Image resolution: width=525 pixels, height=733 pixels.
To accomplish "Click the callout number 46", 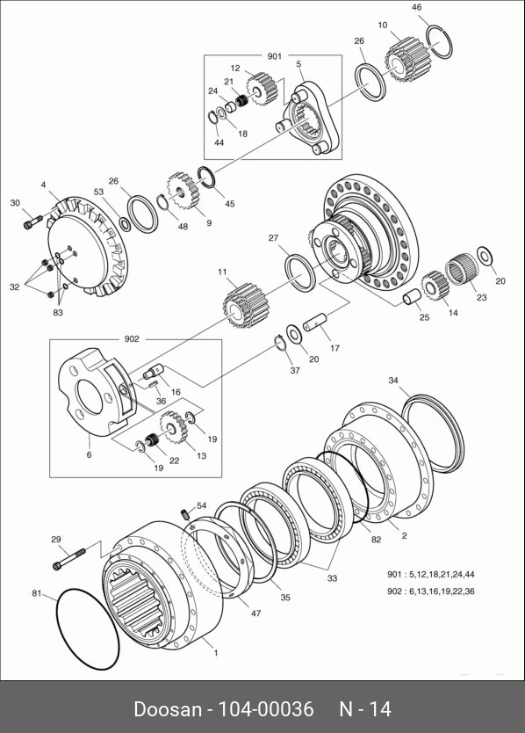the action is click(x=417, y=8).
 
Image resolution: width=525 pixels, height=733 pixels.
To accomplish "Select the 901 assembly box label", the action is click(x=275, y=56).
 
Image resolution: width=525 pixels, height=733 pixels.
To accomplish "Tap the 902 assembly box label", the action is click(x=132, y=339).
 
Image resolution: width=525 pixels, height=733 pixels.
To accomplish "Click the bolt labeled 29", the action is click(x=69, y=558).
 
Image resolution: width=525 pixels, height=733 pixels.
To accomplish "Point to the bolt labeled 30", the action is click(x=32, y=221).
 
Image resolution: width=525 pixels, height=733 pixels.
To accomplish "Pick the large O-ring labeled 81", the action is click(x=87, y=628).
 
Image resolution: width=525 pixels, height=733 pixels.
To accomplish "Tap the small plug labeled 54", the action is click(x=184, y=514).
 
